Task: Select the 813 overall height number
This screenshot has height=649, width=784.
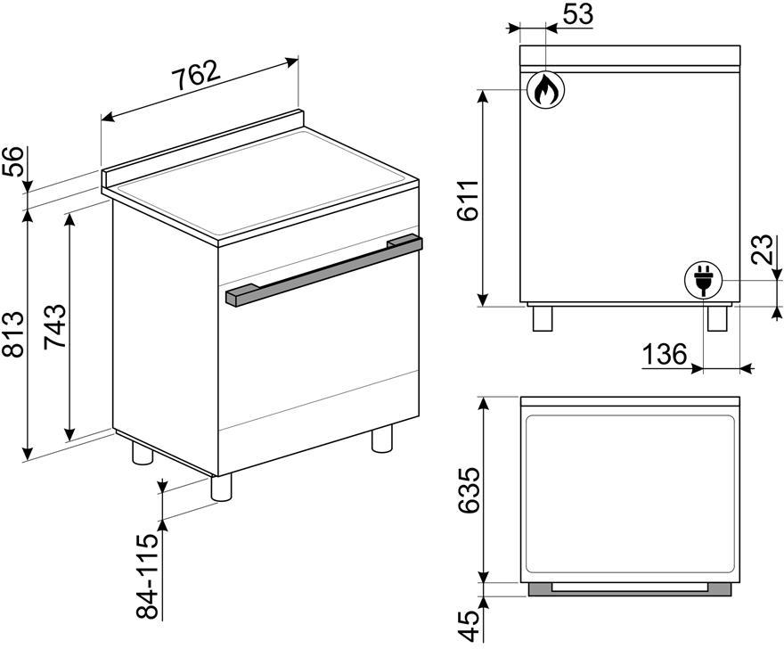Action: pos(12,333)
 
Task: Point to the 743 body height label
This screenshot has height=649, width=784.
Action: pos(54,325)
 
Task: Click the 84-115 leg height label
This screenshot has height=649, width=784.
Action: pos(148,576)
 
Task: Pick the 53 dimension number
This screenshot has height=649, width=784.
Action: pos(578,14)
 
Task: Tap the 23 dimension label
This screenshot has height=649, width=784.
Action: pos(764,250)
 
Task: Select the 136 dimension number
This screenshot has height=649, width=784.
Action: pos(665,355)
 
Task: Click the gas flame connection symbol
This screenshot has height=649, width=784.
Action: pos(545,90)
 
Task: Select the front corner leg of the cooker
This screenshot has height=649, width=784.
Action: pos(222,488)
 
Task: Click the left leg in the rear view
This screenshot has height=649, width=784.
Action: pos(543,318)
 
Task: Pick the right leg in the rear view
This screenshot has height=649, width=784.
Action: pos(717,318)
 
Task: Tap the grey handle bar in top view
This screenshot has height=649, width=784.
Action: pos(630,589)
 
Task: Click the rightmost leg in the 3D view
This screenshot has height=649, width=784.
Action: pos(382,439)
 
